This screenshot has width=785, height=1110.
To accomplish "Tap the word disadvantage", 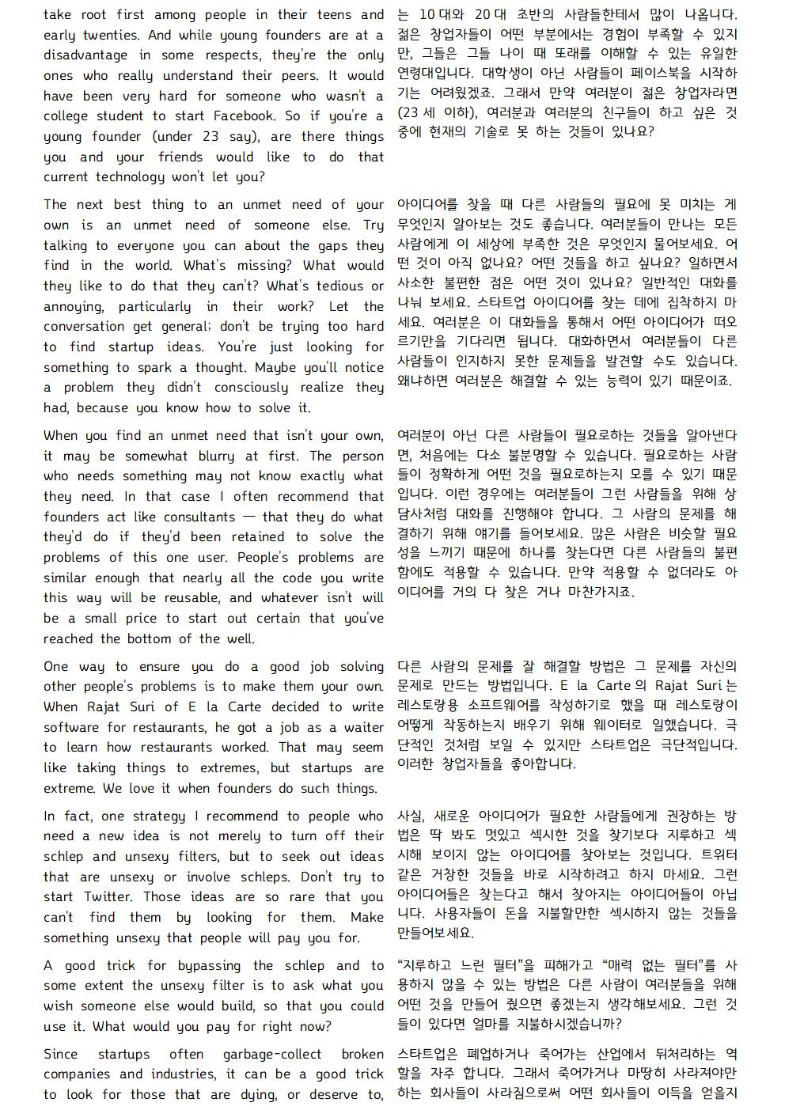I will [85, 55].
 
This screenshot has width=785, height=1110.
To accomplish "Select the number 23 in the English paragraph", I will [210, 137].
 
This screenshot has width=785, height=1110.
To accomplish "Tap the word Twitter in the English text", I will [109, 897].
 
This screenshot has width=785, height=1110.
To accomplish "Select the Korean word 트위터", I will [719, 855].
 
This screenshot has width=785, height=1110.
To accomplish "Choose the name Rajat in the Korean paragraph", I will [668, 686].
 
